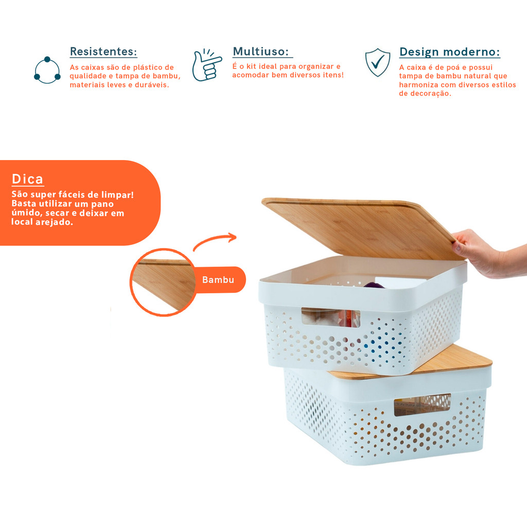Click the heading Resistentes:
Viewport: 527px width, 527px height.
coord(103,51)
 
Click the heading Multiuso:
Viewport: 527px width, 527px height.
coord(261,51)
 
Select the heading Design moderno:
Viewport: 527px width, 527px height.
coord(449,52)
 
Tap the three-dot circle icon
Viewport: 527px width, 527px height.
coord(47,70)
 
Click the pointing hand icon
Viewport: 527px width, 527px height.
coord(207,65)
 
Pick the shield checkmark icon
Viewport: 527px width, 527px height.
coord(378,62)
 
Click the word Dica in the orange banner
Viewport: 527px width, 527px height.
coord(27,179)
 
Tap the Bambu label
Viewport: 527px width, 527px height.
coord(218,279)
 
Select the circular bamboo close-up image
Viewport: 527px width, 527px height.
coord(163,283)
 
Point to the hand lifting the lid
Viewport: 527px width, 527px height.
coord(487,254)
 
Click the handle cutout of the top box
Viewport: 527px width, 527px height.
coord(330,318)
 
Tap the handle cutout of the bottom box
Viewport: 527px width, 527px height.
coord(422,405)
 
